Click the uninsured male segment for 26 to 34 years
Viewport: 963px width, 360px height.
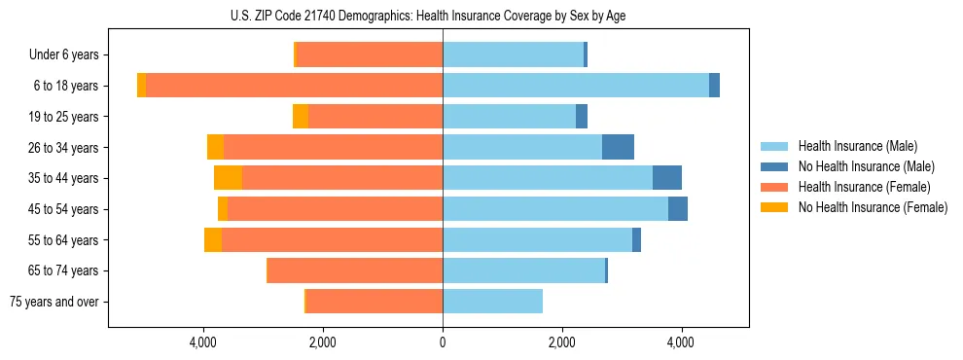tap(618, 147)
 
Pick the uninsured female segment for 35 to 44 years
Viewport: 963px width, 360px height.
tap(228, 178)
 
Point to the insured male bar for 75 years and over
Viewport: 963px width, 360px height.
tap(492, 302)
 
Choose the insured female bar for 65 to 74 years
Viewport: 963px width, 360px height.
tap(355, 270)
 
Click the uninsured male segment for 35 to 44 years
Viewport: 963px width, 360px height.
tap(667, 178)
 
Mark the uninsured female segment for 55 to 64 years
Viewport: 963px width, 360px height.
tap(213, 239)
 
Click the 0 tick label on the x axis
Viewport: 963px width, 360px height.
tap(443, 342)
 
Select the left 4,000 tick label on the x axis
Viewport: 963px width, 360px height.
tap(203, 342)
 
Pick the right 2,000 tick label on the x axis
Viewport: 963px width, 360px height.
tap(561, 342)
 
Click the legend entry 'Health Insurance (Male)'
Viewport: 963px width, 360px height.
tap(857, 146)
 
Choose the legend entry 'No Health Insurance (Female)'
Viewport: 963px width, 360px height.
tap(873, 207)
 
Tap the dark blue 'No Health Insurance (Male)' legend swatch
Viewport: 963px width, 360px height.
tap(775, 166)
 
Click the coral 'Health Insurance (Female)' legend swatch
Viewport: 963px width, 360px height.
tap(775, 187)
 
